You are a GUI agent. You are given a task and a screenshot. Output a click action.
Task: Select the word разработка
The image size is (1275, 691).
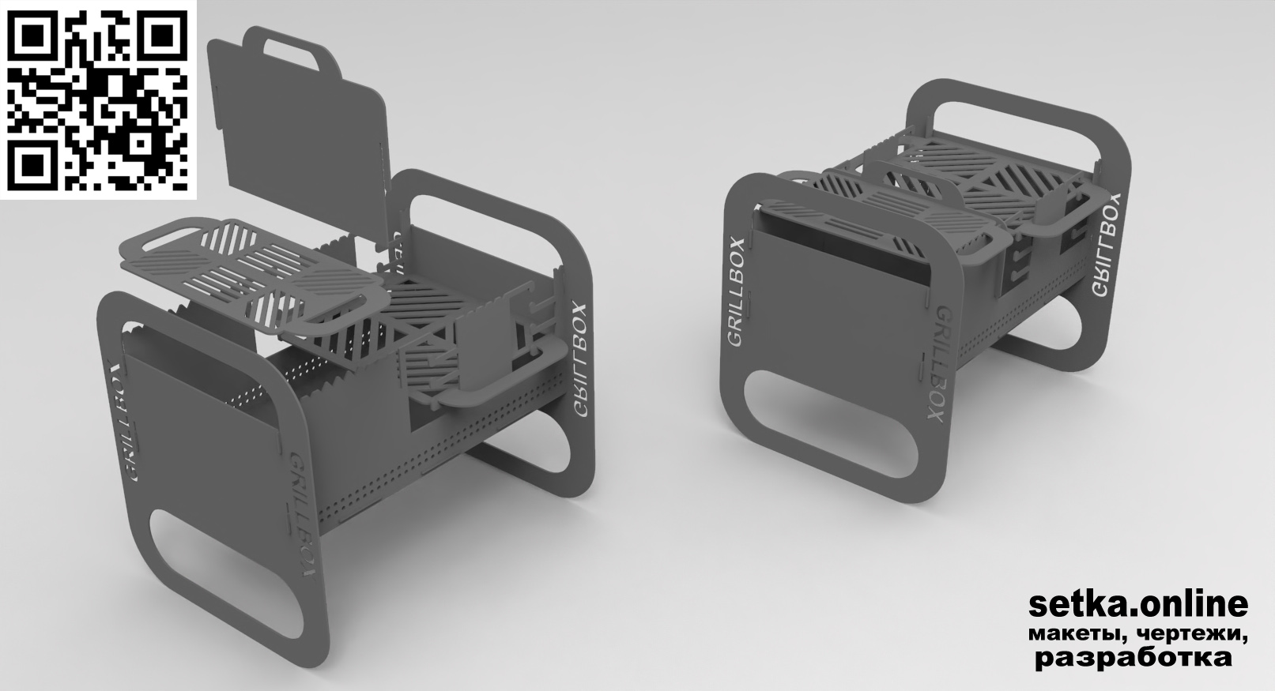1134,658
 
